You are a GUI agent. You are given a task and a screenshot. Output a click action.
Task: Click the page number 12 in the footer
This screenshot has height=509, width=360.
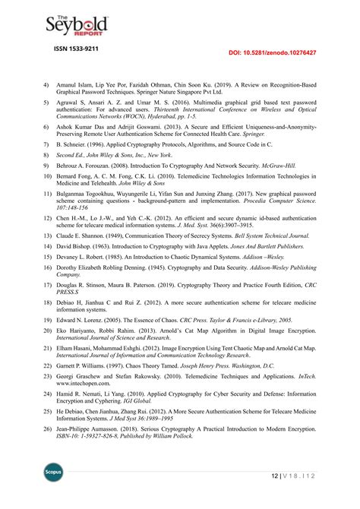point(274,476)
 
